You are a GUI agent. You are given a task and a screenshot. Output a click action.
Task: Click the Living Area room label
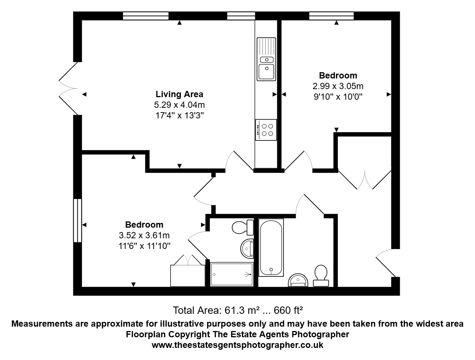[179, 94]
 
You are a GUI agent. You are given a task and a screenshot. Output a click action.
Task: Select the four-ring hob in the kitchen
[266, 130]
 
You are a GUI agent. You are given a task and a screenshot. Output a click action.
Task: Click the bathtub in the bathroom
[271, 247]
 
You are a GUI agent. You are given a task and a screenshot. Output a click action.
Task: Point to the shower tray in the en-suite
[232, 274]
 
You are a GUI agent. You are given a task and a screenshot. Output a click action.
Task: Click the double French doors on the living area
[69, 88]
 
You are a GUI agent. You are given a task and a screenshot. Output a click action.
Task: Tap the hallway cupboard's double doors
[365, 179]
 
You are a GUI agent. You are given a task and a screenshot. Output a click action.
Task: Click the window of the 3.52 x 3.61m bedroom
[77, 220]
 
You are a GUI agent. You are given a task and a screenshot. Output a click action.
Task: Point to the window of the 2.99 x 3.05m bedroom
[331, 15]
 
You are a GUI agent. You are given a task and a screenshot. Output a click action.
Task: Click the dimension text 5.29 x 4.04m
[179, 105]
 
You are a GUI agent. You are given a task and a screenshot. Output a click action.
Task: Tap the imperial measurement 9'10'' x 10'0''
[338, 97]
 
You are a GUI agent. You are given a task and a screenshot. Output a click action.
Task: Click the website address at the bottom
[237, 345]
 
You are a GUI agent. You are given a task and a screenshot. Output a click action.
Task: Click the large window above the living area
[146, 15]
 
